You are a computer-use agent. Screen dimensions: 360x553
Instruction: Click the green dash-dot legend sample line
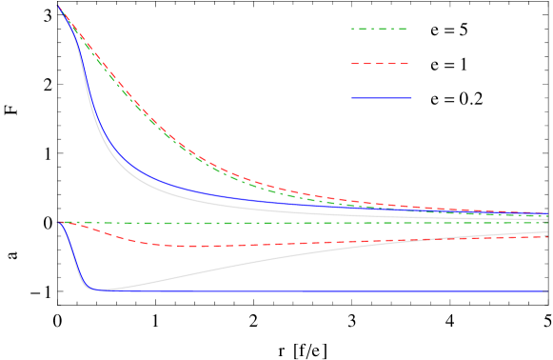point(380,30)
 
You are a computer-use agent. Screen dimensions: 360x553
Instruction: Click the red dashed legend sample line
point(380,64)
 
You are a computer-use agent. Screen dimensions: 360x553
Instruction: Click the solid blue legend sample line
point(382,97)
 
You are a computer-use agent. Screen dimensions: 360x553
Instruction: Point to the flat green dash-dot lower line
point(286,223)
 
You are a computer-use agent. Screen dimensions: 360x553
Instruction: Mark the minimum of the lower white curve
point(101,290)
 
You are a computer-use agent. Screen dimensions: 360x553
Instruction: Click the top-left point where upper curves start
point(58,6)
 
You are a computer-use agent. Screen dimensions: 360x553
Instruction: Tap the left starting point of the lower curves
point(58,222)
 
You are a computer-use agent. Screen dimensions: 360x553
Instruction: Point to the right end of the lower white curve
point(547,231)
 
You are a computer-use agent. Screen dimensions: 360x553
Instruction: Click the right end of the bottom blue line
point(547,291)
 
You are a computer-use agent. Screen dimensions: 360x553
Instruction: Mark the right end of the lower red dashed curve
point(547,236)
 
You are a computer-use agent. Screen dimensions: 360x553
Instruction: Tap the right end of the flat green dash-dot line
point(547,222)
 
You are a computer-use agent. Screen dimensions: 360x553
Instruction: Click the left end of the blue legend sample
point(352,97)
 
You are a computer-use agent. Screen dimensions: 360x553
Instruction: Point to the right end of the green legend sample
point(408,30)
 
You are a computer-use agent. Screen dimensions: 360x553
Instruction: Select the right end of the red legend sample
point(408,64)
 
